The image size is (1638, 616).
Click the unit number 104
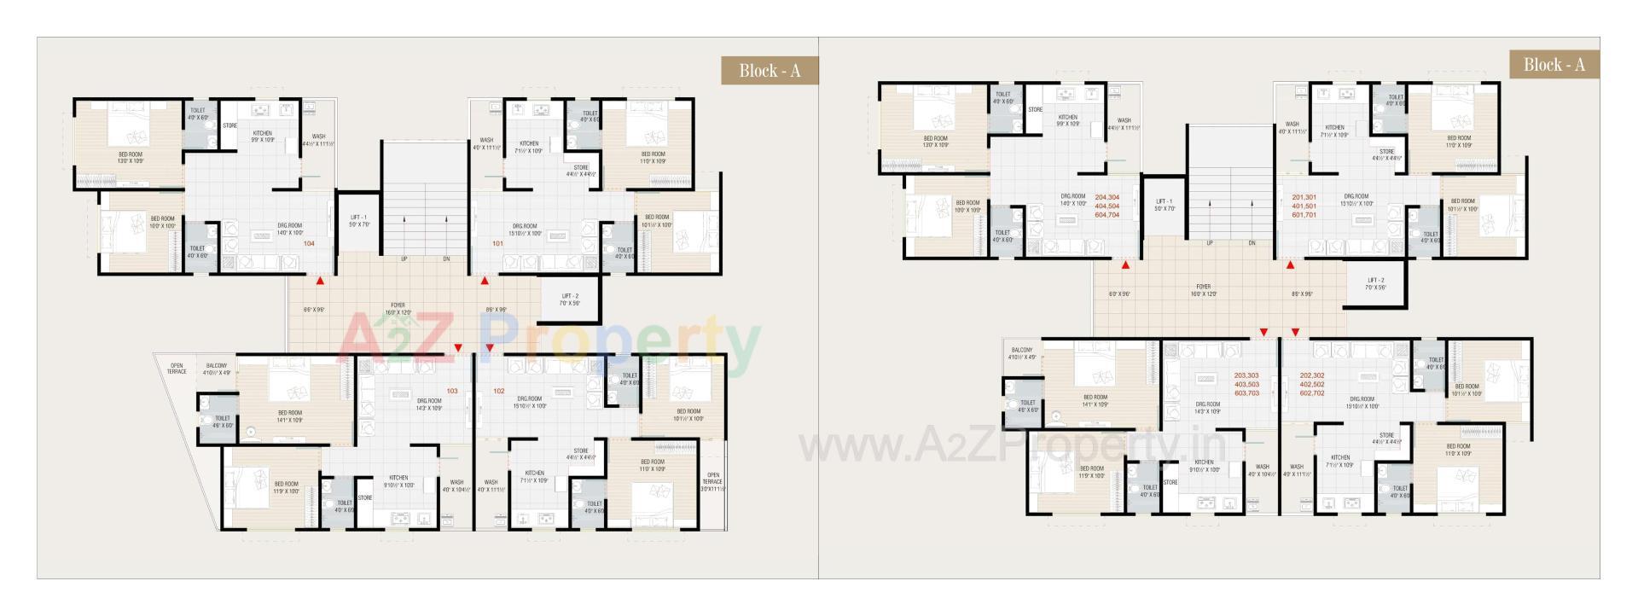tap(309, 244)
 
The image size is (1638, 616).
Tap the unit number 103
tap(452, 392)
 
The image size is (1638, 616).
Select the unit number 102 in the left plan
tap(499, 392)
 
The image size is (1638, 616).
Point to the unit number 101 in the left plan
tap(498, 244)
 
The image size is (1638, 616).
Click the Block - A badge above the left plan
tap(770, 70)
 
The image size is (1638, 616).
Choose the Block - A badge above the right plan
tap(1554, 65)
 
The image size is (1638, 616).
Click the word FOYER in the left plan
tap(398, 305)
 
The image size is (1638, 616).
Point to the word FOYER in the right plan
tap(1203, 288)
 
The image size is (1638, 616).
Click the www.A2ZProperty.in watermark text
tap(1012, 445)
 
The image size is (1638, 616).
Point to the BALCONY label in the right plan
tap(1022, 350)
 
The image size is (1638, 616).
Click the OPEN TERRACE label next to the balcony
tap(177, 369)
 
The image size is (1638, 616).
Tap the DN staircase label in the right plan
tap(1252, 243)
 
